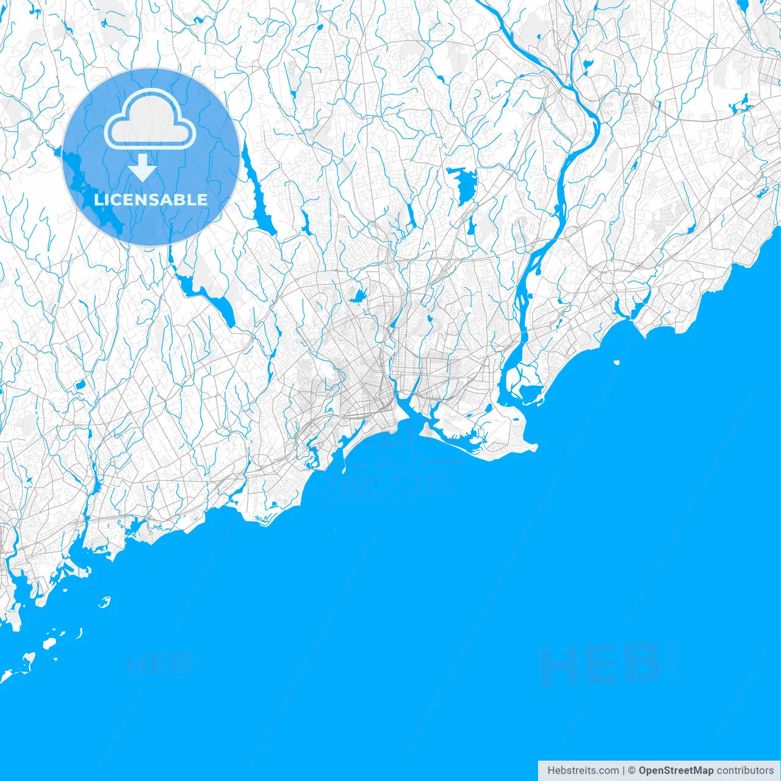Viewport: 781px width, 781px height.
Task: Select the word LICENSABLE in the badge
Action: click(151, 200)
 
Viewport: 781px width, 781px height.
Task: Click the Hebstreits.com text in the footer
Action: click(583, 771)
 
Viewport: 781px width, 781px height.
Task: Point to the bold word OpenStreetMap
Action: click(675, 771)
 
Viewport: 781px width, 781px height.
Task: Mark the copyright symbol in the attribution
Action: click(632, 771)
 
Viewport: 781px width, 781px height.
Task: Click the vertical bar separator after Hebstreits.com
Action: click(624, 771)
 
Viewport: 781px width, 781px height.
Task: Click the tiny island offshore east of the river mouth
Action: click(617, 362)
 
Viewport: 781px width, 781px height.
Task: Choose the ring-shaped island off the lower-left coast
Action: click(104, 602)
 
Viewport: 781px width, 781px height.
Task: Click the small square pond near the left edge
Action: click(79, 385)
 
